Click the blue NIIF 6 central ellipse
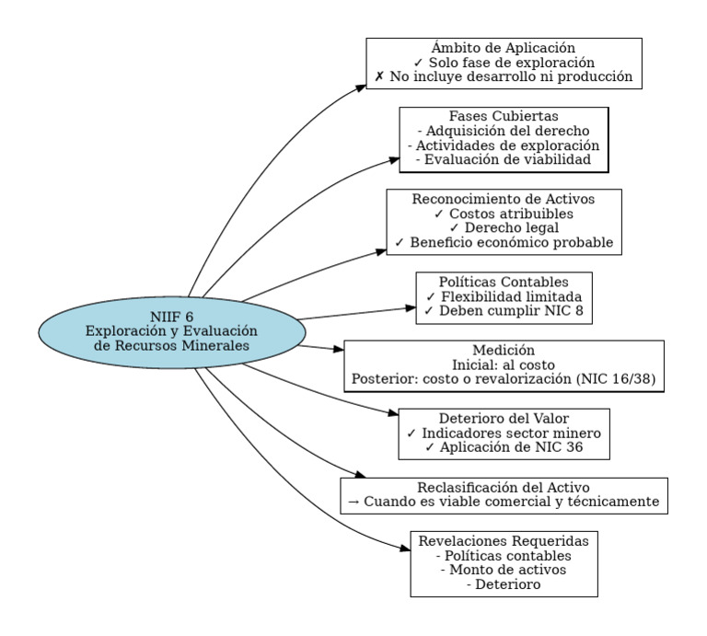point(171,331)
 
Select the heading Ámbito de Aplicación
point(504,48)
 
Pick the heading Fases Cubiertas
point(504,117)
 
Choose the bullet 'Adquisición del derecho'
point(504,132)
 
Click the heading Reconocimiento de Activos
point(504,199)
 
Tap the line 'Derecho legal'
point(504,228)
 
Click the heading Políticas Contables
point(504,282)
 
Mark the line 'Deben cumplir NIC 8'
point(504,311)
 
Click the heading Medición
point(504,351)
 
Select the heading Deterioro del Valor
point(504,419)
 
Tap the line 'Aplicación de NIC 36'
point(504,448)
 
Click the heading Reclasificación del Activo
point(504,488)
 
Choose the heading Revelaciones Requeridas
point(504,541)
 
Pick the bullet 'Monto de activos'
point(504,571)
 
